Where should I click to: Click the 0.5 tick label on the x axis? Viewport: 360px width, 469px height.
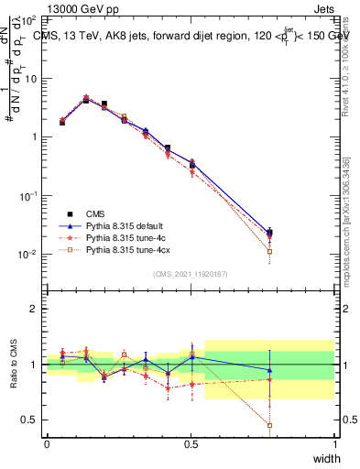191,444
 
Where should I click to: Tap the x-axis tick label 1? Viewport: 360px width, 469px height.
335,444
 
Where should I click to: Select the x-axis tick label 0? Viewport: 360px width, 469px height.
47,444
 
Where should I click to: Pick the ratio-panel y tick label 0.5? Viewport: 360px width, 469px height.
30,420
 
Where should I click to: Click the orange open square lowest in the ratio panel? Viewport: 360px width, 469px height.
268,425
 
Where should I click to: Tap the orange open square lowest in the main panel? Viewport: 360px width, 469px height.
268,251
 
